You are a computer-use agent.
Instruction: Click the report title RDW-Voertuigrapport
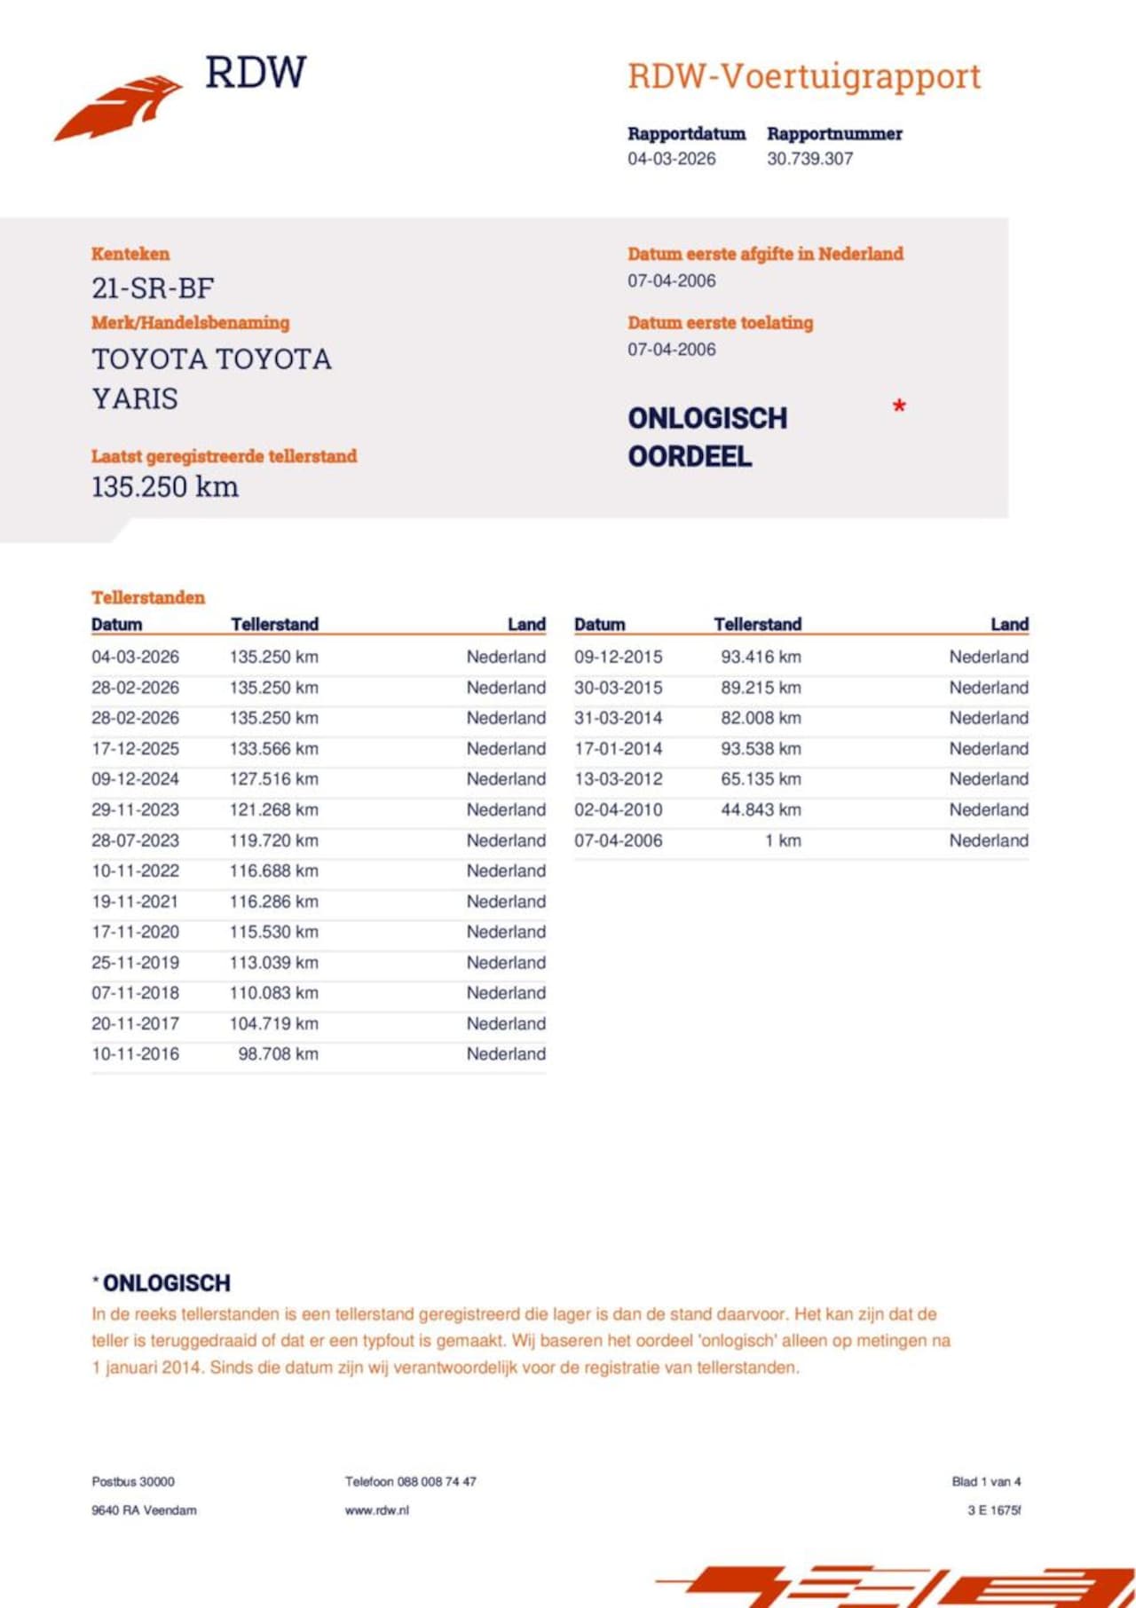[804, 76]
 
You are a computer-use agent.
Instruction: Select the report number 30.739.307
[809, 159]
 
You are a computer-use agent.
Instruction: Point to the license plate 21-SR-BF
[153, 288]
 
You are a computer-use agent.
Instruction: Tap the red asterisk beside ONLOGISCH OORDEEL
[899, 407]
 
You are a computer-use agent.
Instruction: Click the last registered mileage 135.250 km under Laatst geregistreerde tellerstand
[165, 487]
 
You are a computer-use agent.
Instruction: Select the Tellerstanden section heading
[148, 597]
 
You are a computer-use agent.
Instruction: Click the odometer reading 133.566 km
[273, 749]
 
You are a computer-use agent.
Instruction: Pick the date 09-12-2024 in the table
[135, 779]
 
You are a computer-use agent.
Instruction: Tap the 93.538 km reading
[761, 749]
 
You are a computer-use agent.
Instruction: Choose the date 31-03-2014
[618, 718]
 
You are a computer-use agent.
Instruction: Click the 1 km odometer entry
[783, 840]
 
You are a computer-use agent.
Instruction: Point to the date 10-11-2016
[135, 1054]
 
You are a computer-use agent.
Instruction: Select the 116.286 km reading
[273, 902]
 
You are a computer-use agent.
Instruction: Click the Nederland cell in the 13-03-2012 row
[989, 779]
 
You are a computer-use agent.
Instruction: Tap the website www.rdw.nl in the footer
[377, 1510]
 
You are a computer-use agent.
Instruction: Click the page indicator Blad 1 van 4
[986, 1481]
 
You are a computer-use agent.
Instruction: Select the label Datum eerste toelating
[720, 323]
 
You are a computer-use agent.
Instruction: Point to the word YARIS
[135, 399]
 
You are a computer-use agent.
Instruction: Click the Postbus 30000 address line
[133, 1481]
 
